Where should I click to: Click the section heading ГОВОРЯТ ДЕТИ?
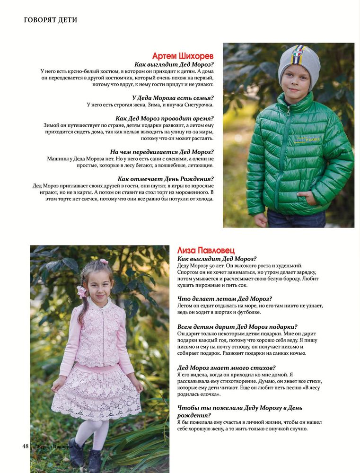click(x=51, y=20)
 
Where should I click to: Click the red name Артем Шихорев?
click(x=183, y=56)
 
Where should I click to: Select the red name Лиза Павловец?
click(x=206, y=250)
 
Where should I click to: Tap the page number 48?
click(x=25, y=446)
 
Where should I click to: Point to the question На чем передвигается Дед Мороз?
click(x=162, y=152)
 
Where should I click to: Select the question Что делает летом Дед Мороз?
click(x=224, y=299)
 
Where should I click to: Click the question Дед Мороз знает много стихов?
click(x=227, y=368)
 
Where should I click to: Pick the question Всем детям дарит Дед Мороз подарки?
click(x=237, y=326)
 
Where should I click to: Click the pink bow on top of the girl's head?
click(x=104, y=261)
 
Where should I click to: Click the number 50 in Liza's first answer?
click(x=201, y=266)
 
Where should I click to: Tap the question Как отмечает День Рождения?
click(x=166, y=179)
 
